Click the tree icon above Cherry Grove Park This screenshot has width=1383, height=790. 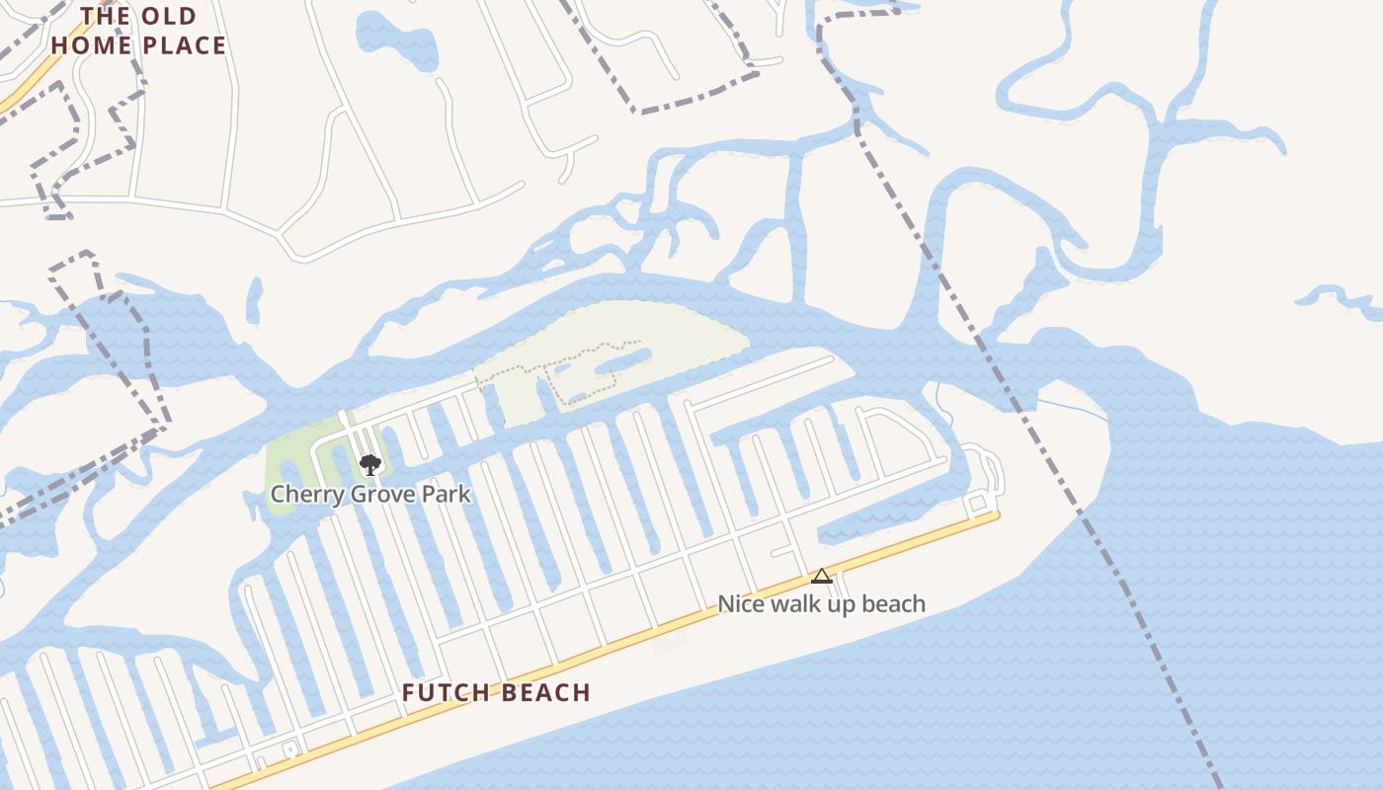[x=369, y=464]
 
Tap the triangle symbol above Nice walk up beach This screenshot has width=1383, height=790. [x=821, y=576]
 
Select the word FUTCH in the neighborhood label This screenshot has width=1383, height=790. [x=444, y=693]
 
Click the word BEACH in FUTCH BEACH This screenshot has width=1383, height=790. [x=542, y=693]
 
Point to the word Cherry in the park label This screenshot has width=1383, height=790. [x=301, y=494]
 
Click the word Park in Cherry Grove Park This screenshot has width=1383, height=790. [x=446, y=494]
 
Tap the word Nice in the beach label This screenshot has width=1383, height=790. [x=740, y=603]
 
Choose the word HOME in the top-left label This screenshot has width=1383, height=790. [x=92, y=45]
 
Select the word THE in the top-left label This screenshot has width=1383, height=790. [x=106, y=16]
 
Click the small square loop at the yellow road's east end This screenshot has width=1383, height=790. [x=977, y=505]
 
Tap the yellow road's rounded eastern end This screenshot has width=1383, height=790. [x=995, y=514]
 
